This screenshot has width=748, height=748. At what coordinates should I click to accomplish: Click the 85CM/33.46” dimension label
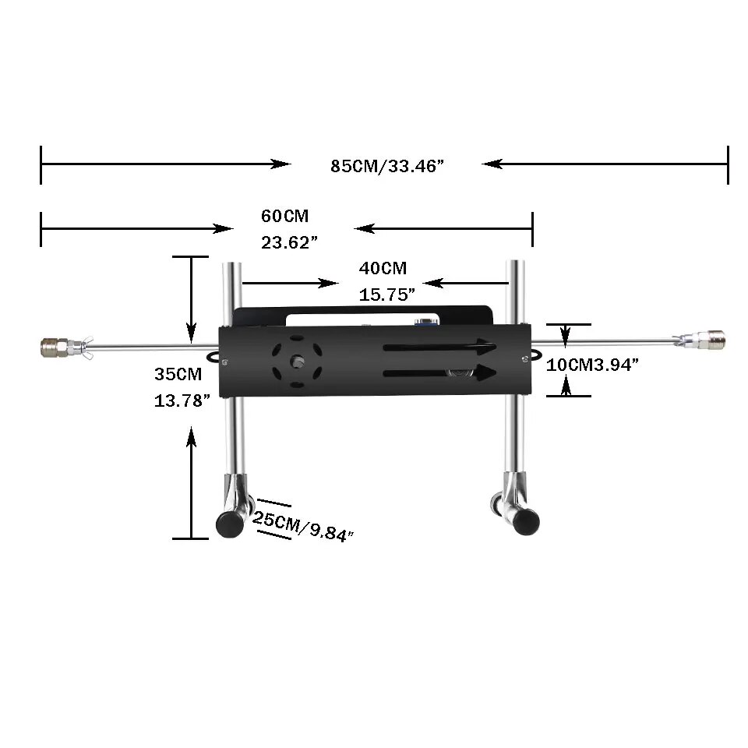387,166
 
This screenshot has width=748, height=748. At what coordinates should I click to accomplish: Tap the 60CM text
285,216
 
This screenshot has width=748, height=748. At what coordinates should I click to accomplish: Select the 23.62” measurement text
289,243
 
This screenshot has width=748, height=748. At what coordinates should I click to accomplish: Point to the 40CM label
383,268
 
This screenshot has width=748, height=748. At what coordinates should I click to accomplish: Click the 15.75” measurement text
387,295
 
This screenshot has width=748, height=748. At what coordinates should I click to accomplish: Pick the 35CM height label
178,374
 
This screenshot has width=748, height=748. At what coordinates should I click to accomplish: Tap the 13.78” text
182,400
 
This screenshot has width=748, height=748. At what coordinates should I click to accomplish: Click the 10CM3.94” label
592,365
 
